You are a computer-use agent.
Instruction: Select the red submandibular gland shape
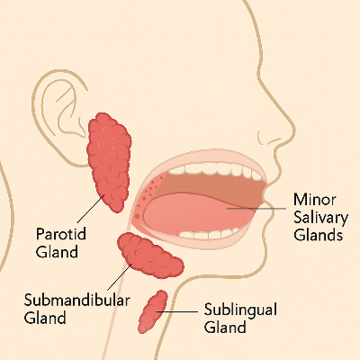tap(150, 255)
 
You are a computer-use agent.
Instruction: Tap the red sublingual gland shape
tap(153, 312)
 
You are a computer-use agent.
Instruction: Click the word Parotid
tap(61, 234)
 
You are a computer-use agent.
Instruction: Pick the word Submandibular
tap(77, 300)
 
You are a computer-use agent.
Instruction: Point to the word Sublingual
tap(240, 310)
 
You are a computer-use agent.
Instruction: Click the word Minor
tap(315, 199)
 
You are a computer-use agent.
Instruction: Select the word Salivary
tap(320, 218)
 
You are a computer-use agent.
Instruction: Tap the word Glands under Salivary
tap(319, 235)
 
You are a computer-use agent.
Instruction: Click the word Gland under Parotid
tap(57, 251)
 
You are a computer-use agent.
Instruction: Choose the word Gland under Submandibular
tap(45, 318)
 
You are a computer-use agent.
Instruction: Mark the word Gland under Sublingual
tap(225, 327)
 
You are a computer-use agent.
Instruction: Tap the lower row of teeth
tap(210, 234)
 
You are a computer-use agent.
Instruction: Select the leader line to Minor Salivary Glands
tap(256, 208)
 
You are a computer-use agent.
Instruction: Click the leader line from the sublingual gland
tap(176, 311)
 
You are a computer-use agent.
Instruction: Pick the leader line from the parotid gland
tap(91, 209)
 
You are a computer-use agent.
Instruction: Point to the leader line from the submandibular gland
tap(120, 277)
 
